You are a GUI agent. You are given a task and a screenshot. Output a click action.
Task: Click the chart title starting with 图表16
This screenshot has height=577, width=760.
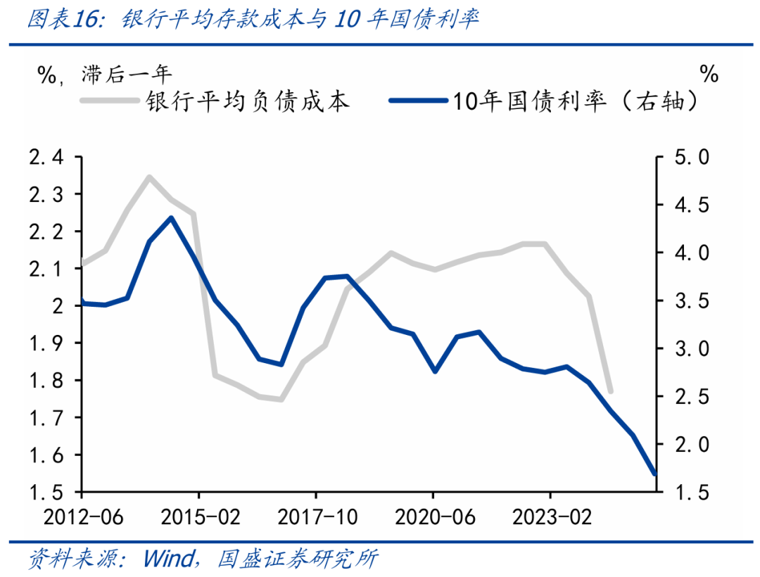click(253, 20)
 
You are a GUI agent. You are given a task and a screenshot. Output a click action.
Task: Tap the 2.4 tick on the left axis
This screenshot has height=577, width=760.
click(46, 158)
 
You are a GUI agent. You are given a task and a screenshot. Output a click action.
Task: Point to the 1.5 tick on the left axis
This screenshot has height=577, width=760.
click(46, 493)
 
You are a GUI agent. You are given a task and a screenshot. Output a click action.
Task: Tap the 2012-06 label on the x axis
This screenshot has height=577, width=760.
click(82, 518)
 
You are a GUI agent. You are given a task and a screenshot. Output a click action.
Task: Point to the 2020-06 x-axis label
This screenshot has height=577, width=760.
click(432, 518)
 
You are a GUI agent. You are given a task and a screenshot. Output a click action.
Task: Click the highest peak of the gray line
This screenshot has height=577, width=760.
click(149, 177)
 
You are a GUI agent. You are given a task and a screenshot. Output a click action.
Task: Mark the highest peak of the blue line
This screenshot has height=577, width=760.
click(172, 217)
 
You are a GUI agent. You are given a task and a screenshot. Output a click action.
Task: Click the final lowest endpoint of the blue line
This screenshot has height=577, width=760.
click(655, 474)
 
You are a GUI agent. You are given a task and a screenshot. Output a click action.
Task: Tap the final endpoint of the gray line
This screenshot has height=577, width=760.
click(610, 391)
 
